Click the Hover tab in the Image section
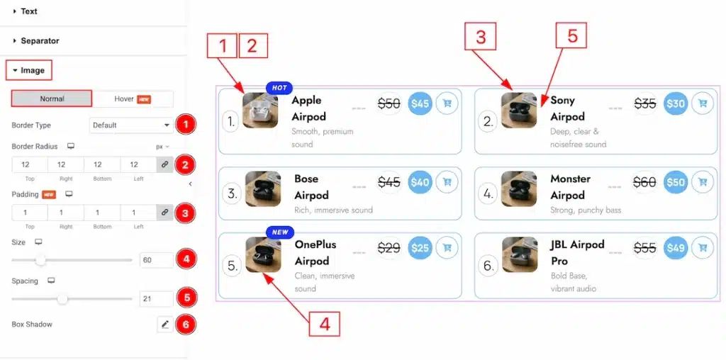pyautogui.click(x=133, y=99)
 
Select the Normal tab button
pyautogui.click(x=52, y=99)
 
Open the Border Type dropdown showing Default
pyautogui.click(x=131, y=125)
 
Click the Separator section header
pyautogui.click(x=40, y=40)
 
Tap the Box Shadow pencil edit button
pyautogui.click(x=164, y=325)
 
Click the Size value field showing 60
pyautogui.click(x=157, y=260)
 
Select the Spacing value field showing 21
pyautogui.click(x=157, y=299)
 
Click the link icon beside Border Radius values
pyautogui.click(x=164, y=164)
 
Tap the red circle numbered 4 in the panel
pyautogui.click(x=186, y=259)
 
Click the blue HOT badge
pyautogui.click(x=279, y=88)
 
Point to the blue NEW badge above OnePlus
pyautogui.click(x=280, y=232)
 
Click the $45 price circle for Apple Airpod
pyautogui.click(x=420, y=103)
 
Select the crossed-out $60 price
pyautogui.click(x=644, y=182)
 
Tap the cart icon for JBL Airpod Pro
pyautogui.click(x=703, y=248)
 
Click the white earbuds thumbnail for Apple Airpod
pyautogui.click(x=260, y=110)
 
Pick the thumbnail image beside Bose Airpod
pyautogui.click(x=263, y=189)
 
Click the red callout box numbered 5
pyautogui.click(x=571, y=35)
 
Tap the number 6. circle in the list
pyautogui.click(x=487, y=266)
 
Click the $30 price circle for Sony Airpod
pyautogui.click(x=676, y=103)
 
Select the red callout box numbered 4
pyautogui.click(x=325, y=324)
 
